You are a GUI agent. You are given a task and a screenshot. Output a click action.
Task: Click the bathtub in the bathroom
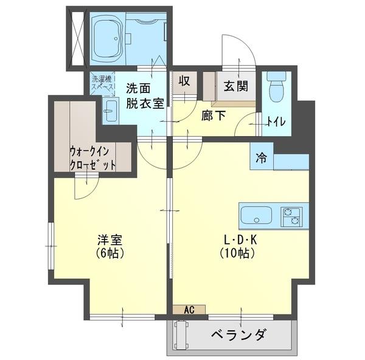(x=110, y=39)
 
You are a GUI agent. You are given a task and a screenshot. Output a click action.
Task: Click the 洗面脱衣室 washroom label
(x=144, y=95)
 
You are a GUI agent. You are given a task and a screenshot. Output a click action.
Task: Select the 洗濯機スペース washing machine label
(x=102, y=82)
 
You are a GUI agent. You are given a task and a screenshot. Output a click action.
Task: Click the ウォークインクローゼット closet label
(x=92, y=157)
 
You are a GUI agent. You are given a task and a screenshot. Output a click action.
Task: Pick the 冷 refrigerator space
(x=261, y=159)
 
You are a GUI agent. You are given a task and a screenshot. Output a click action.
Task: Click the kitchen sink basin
(x=257, y=216)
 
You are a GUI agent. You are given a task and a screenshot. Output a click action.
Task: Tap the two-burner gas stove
(x=291, y=216)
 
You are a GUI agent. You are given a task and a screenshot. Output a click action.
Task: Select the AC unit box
(x=189, y=310)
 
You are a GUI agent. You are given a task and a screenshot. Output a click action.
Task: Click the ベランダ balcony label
(x=239, y=335)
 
